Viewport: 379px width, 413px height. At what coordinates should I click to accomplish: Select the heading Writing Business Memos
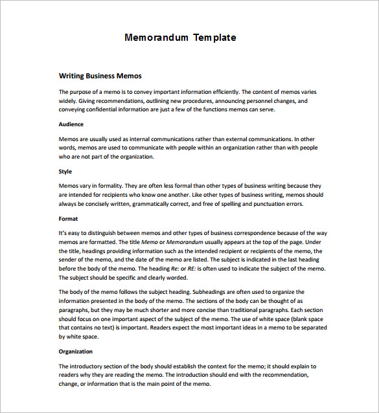click(100, 76)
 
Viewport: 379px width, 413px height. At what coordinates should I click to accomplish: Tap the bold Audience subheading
click(71, 124)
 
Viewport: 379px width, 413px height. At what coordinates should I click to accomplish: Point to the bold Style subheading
click(65, 172)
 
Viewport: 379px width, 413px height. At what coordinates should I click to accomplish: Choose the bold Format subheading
click(68, 219)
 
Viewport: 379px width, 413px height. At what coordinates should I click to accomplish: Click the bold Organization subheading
click(76, 352)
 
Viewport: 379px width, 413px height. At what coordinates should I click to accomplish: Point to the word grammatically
click(157, 204)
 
